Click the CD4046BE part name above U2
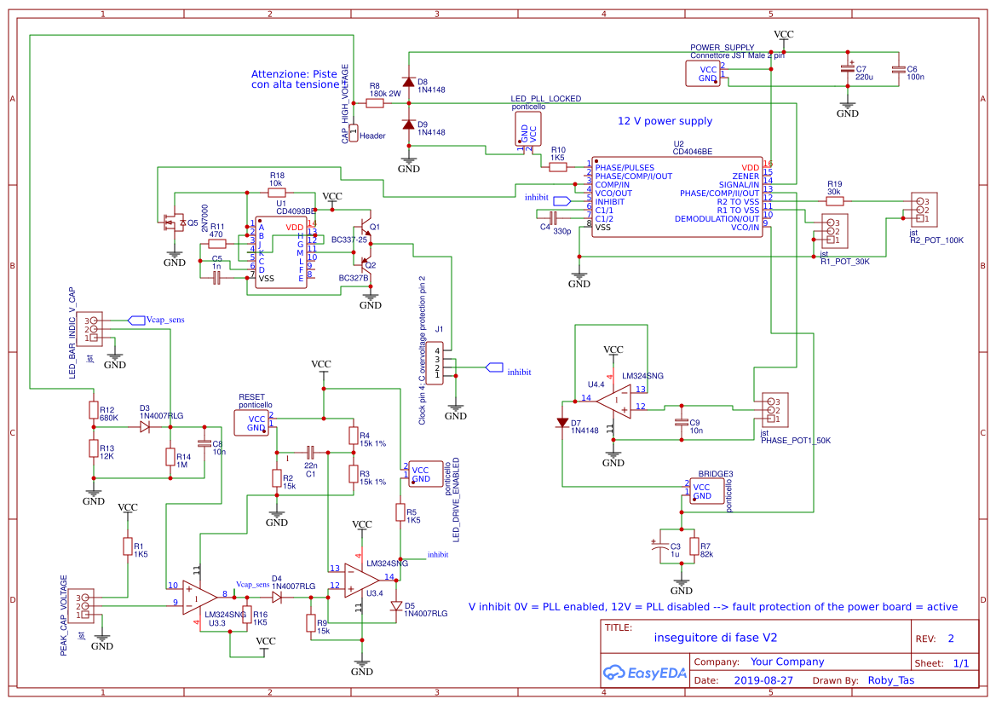[x=692, y=152]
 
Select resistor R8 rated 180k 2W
[x=375, y=103]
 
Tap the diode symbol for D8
[x=409, y=83]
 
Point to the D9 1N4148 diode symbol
[x=409, y=124]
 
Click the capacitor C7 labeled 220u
[x=847, y=69]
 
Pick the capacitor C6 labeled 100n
[x=896, y=70]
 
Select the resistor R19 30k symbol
[x=835, y=201]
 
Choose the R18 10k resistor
[x=276, y=193]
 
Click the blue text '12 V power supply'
[x=665, y=121]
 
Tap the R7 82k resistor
[x=694, y=546]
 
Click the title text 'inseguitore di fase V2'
[x=715, y=637]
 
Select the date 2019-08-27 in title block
[x=763, y=681]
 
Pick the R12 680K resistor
[x=94, y=410]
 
